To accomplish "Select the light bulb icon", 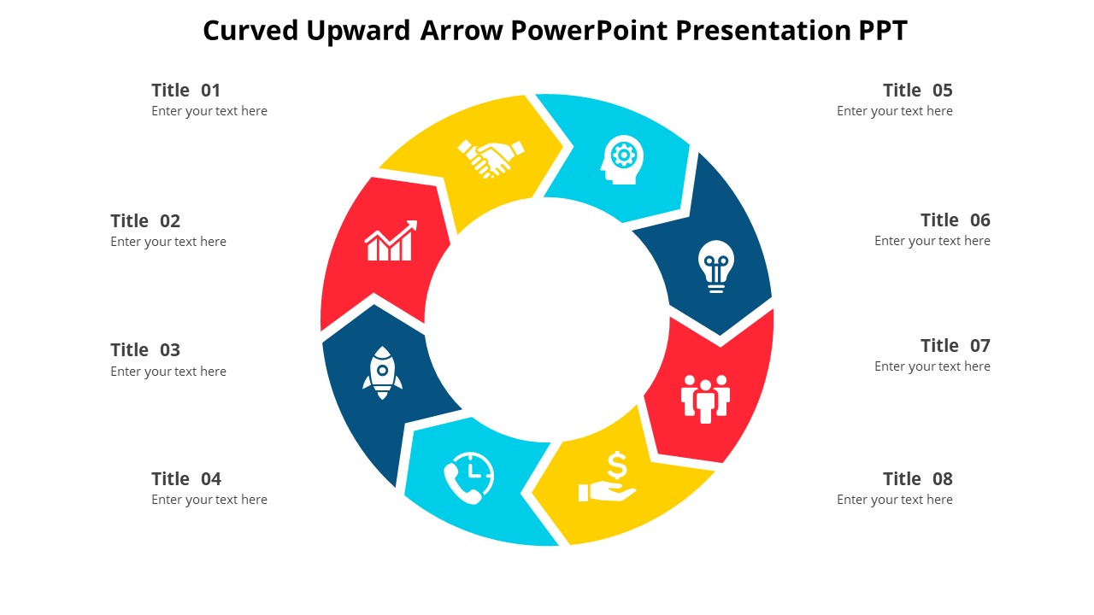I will coord(715,266).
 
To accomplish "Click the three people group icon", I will coord(705,398).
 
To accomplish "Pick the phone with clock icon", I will coord(468,476).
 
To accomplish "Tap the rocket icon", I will coord(382,372).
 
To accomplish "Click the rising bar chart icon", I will coord(391,241).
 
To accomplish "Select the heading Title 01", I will coord(185,91).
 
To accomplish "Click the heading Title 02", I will coord(145,221).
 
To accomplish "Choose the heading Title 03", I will coord(145,350).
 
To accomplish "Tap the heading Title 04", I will coord(185,479).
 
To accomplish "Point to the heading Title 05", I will coord(917,91).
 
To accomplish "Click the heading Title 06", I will coord(955,220).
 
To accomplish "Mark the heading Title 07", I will coord(955,346).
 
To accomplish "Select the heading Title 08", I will coord(917,479).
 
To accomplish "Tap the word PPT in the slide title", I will coord(883,31).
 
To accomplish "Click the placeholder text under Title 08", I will coord(894,500).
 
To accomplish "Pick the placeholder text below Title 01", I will coord(209,111).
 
